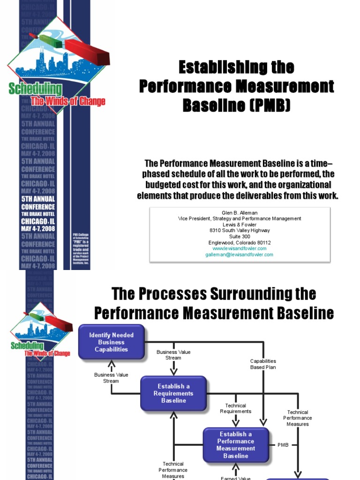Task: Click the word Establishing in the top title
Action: [221, 67]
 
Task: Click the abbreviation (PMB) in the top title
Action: [270, 106]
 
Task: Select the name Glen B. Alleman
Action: [240, 212]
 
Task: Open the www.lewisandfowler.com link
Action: [240, 248]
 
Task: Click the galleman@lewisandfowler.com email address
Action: [240, 255]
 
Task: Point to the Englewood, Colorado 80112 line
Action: [240, 242]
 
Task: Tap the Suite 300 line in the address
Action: [240, 236]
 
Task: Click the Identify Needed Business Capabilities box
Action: [112, 342]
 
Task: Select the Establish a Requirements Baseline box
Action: [174, 394]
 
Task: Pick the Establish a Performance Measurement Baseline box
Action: [236, 445]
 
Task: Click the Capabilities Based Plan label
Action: [263, 364]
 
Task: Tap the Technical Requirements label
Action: [236, 408]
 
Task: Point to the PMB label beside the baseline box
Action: [284, 444]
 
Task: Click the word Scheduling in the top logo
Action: [35, 89]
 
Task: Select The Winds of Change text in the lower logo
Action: [47, 353]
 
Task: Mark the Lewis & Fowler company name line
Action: [240, 225]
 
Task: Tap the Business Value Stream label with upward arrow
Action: [111, 378]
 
